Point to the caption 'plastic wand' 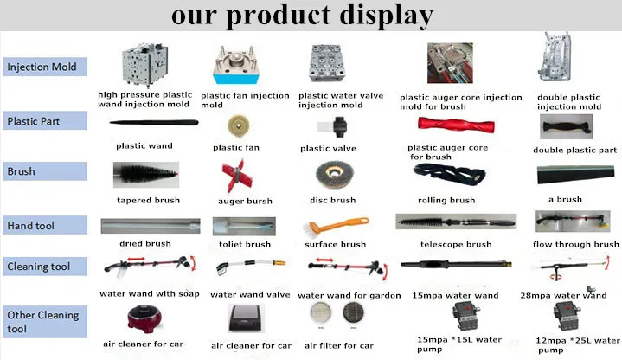(x=144, y=146)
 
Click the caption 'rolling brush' (x=446, y=201)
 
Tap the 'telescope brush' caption (x=455, y=245)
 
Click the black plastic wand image (x=144, y=125)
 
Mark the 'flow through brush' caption (x=576, y=245)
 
